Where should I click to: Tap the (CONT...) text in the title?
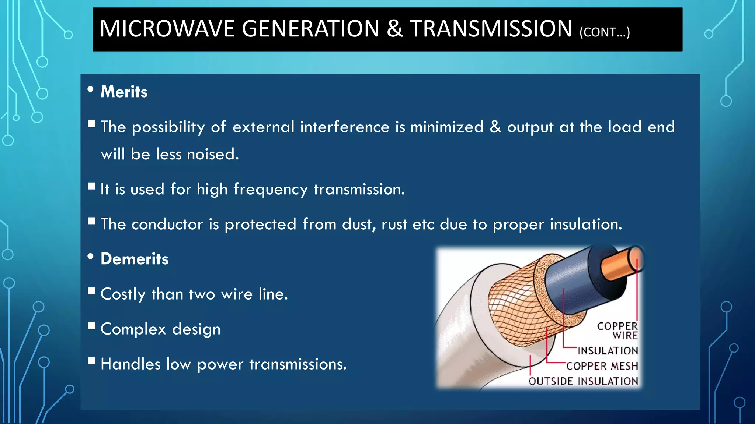coord(605,32)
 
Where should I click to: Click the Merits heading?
coord(124,92)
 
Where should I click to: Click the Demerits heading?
coord(135,259)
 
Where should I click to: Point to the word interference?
coord(344,127)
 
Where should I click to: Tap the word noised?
coord(213,154)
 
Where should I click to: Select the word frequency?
coord(270,190)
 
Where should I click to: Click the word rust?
coord(394,224)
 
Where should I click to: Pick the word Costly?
coord(123,294)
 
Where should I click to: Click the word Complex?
coord(133,329)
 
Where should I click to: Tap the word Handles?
coord(131,364)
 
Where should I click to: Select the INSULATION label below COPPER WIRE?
coord(608,350)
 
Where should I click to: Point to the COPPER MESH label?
coord(602,366)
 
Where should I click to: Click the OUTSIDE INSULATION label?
coord(583,381)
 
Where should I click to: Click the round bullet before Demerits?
coord(91,257)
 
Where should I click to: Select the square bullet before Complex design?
coord(92,326)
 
